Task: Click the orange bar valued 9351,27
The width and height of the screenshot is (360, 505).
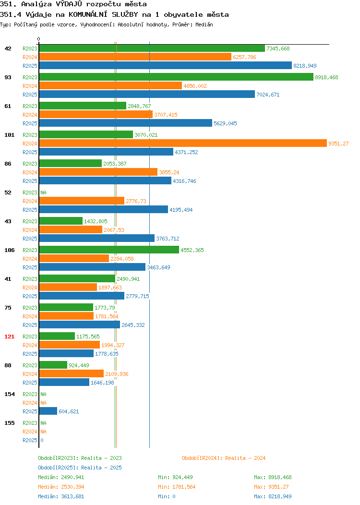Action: click(x=183, y=144)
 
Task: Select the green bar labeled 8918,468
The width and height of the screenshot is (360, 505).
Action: click(x=176, y=77)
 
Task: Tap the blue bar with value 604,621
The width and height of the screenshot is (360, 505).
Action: click(x=48, y=411)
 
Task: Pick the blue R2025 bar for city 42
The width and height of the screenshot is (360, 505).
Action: click(x=166, y=65)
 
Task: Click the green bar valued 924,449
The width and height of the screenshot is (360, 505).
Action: click(x=53, y=365)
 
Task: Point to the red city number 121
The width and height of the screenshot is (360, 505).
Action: click(x=9, y=337)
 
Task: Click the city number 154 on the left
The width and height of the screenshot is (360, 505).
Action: click(x=9, y=394)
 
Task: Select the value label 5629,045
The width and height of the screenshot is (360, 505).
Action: click(x=225, y=123)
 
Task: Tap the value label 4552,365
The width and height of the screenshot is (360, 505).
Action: click(x=192, y=250)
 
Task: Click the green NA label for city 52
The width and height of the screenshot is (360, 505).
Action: click(x=44, y=192)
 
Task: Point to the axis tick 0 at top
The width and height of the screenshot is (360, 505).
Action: click(x=39, y=39)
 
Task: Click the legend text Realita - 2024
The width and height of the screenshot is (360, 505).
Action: click(x=245, y=458)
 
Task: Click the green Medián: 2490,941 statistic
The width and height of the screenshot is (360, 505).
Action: click(x=61, y=477)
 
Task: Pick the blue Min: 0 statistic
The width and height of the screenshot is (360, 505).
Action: click(x=167, y=497)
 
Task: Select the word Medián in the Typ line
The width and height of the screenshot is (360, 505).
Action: click(x=204, y=24)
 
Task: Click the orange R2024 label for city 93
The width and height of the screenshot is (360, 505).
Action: click(x=30, y=86)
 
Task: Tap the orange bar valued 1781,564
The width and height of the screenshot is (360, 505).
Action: click(x=66, y=316)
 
